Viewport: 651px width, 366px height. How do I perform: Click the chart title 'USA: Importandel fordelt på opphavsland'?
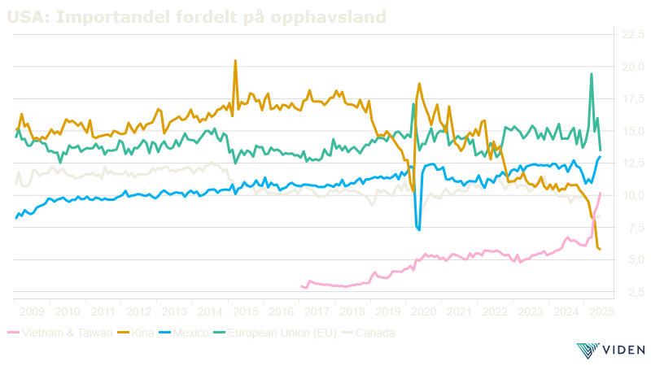(x=196, y=16)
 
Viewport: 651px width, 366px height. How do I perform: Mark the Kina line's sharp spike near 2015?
(x=235, y=61)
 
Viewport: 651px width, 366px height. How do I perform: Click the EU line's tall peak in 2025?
(x=592, y=74)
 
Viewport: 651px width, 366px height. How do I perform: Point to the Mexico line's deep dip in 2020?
(x=418, y=229)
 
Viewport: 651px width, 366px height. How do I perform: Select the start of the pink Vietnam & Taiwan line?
(x=302, y=285)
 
